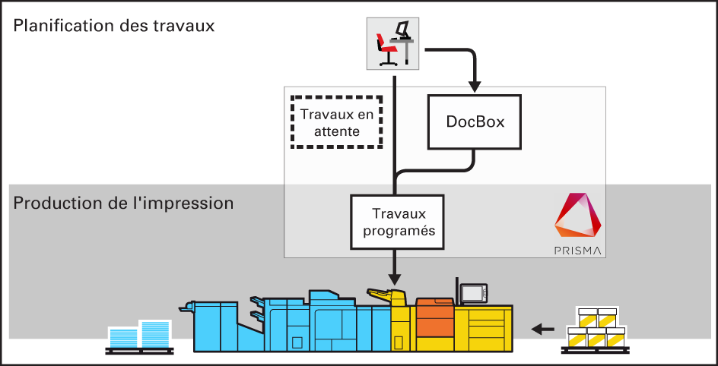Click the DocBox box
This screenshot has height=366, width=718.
(475, 121)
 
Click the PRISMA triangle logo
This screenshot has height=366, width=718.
(578, 216)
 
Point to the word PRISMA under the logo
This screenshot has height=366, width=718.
(578, 250)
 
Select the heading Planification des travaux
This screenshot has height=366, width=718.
(114, 26)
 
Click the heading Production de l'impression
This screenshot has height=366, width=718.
(123, 204)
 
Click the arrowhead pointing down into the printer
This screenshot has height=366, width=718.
(394, 278)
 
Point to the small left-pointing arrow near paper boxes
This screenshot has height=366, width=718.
(542, 329)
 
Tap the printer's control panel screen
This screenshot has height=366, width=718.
(474, 292)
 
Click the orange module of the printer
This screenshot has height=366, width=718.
(434, 319)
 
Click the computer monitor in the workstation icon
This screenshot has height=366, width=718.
(404, 29)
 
